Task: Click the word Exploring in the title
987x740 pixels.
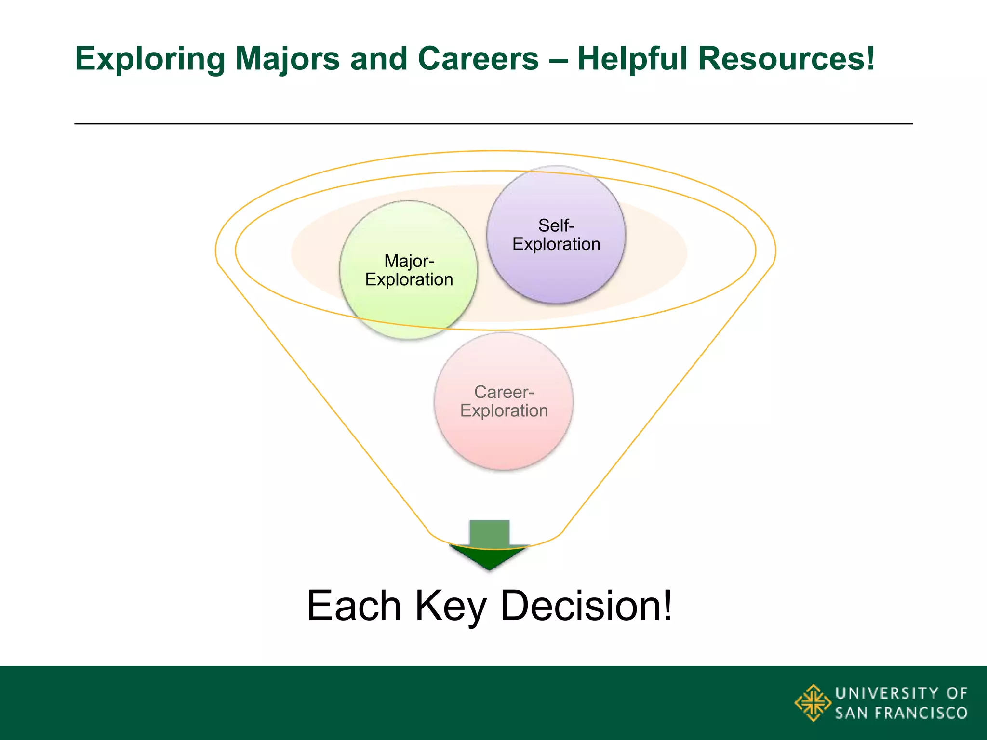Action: [x=150, y=59]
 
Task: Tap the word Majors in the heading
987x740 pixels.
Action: [x=287, y=59]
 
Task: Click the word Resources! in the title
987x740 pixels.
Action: [x=786, y=59]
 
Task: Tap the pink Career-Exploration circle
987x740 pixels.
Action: [x=504, y=434]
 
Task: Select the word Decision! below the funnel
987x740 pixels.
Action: [x=586, y=606]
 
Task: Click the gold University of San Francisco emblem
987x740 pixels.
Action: [x=813, y=702]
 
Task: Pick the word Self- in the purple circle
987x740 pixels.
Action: [x=556, y=225]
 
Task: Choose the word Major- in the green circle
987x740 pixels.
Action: [x=409, y=261]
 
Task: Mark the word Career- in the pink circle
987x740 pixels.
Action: [x=504, y=392]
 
